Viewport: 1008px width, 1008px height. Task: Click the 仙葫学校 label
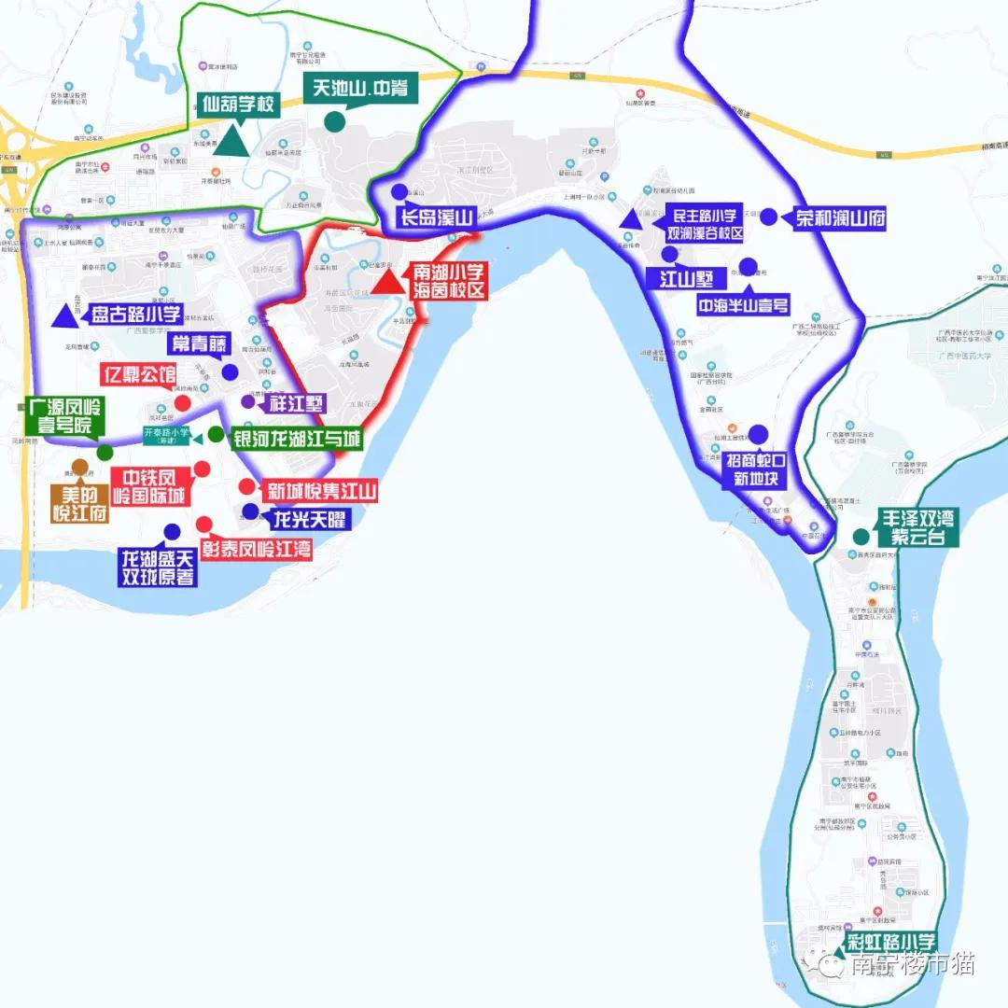(x=238, y=105)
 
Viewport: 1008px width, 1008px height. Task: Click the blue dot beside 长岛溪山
(x=399, y=192)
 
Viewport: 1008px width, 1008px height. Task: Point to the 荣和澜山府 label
(x=840, y=219)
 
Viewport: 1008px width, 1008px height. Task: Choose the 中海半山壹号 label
(x=743, y=304)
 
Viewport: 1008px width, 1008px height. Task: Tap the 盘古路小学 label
(x=136, y=314)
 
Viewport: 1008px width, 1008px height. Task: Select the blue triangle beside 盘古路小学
(x=64, y=315)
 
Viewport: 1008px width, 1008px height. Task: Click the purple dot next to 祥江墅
(x=247, y=401)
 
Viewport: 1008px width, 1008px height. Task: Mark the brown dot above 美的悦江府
(x=79, y=467)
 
